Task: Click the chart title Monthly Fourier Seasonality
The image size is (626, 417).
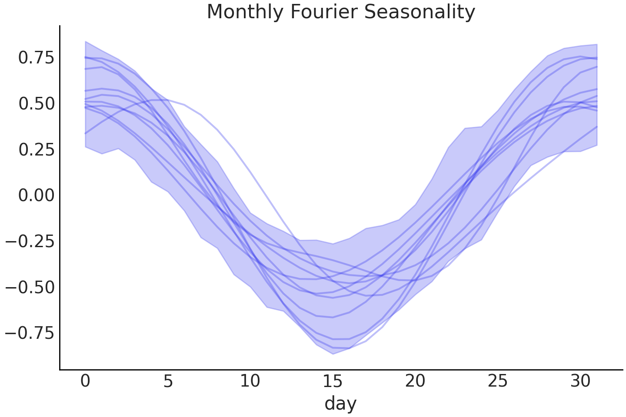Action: click(x=341, y=12)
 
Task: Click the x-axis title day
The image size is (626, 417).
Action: click(x=340, y=403)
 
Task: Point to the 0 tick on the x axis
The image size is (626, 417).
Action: click(x=85, y=381)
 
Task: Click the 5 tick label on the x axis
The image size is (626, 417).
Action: click(x=168, y=381)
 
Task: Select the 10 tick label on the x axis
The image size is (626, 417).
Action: click(x=250, y=381)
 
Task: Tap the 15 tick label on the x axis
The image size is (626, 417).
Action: click(x=333, y=381)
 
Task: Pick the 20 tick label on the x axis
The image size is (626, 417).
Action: click(x=415, y=381)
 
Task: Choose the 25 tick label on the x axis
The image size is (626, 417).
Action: click(x=497, y=381)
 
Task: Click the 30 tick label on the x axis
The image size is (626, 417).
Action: click(x=580, y=381)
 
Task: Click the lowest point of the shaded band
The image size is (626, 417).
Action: click(x=333, y=354)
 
